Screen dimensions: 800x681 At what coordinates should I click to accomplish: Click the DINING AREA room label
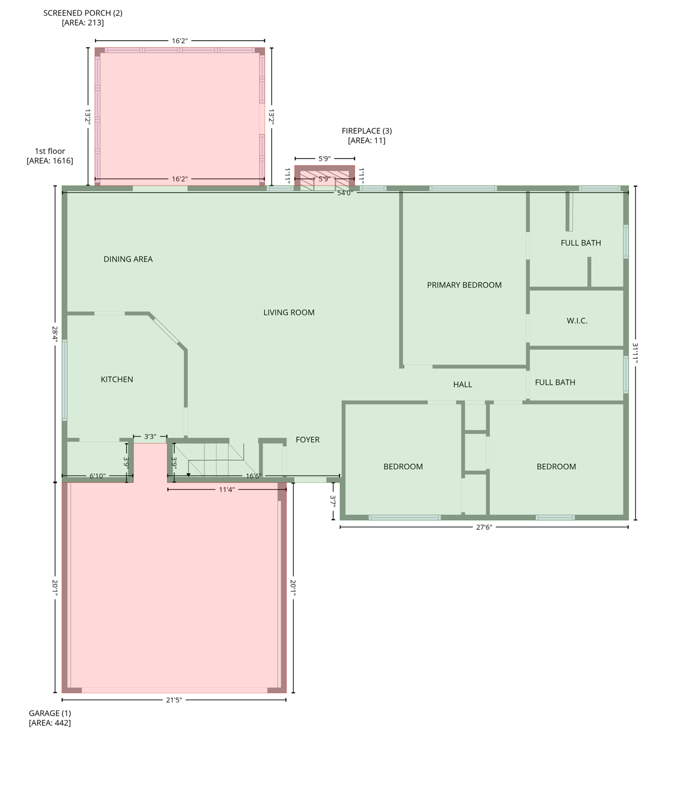(128, 259)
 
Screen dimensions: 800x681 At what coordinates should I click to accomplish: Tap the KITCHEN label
(117, 379)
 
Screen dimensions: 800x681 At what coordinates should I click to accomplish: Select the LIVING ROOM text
(289, 312)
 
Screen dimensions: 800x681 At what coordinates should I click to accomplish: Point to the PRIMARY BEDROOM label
(464, 285)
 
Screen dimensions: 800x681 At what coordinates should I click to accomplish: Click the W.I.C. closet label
(577, 321)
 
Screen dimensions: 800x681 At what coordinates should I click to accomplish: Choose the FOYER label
(308, 440)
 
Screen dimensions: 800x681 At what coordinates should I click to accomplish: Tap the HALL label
(463, 384)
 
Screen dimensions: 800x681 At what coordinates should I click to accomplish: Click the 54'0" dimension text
(345, 193)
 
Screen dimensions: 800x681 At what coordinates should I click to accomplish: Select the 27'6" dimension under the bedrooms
(484, 527)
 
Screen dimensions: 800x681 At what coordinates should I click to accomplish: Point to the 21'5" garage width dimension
(174, 700)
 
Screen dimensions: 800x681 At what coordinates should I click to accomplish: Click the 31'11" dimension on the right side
(635, 353)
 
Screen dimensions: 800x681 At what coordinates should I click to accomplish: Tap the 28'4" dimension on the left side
(55, 334)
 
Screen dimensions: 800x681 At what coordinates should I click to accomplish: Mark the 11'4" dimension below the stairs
(227, 490)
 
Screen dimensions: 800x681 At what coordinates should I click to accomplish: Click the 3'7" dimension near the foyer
(333, 501)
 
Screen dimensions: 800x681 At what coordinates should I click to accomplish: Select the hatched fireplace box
(324, 177)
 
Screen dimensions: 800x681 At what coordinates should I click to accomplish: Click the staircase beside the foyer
(214, 459)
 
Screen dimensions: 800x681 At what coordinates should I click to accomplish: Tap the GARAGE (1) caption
(50, 713)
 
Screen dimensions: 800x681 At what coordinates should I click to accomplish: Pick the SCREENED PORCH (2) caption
(83, 13)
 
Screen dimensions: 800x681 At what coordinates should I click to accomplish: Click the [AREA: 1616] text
(50, 161)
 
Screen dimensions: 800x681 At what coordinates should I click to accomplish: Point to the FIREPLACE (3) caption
(367, 131)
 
